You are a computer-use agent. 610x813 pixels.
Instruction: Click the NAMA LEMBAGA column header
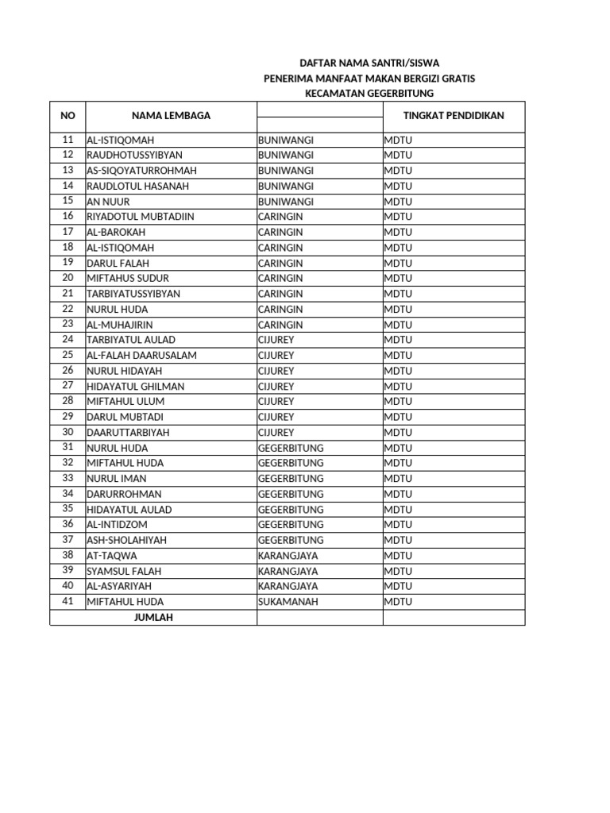click(x=171, y=116)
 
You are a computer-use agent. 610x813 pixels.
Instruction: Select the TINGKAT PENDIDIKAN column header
click(x=453, y=116)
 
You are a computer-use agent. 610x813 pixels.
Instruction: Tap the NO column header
click(x=68, y=116)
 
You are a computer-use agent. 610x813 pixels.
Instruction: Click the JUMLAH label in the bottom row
click(x=153, y=617)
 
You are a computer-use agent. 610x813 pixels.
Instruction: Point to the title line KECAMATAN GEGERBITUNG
click(x=369, y=93)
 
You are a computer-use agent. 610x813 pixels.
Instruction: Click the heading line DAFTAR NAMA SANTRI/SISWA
click(x=369, y=63)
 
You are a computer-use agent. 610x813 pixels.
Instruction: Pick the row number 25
click(x=68, y=355)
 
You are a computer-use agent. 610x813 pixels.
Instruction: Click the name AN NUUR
click(x=108, y=202)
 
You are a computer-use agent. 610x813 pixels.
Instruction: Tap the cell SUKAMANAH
click(x=288, y=602)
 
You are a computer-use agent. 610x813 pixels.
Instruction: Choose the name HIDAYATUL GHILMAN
click(x=135, y=386)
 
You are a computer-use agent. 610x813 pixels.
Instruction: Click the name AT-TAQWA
click(x=112, y=556)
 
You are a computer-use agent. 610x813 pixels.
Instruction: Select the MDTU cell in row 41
click(x=398, y=602)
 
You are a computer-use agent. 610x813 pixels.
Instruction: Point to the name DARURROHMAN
click(x=124, y=494)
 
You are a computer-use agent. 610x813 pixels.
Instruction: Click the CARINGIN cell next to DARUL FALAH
click(x=280, y=263)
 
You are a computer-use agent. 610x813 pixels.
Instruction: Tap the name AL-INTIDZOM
click(x=117, y=525)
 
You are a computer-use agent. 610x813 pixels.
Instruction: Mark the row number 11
click(x=68, y=139)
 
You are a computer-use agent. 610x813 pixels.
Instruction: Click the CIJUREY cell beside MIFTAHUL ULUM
click(x=276, y=402)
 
